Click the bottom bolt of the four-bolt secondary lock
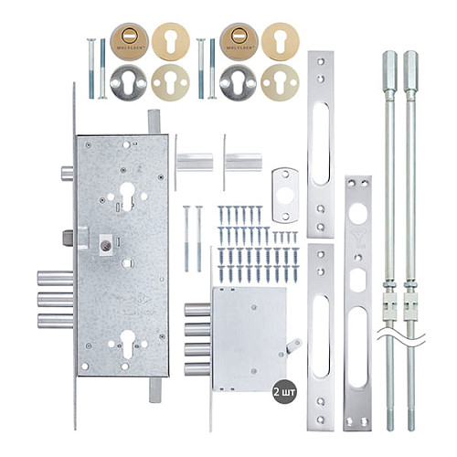click(197, 369)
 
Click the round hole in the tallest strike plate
click(356, 214)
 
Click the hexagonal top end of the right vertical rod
click(410, 66)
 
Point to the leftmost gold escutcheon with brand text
click(127, 42)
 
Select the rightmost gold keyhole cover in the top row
click(280, 42)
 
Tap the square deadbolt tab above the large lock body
click(154, 122)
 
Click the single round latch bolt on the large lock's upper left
click(67, 174)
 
